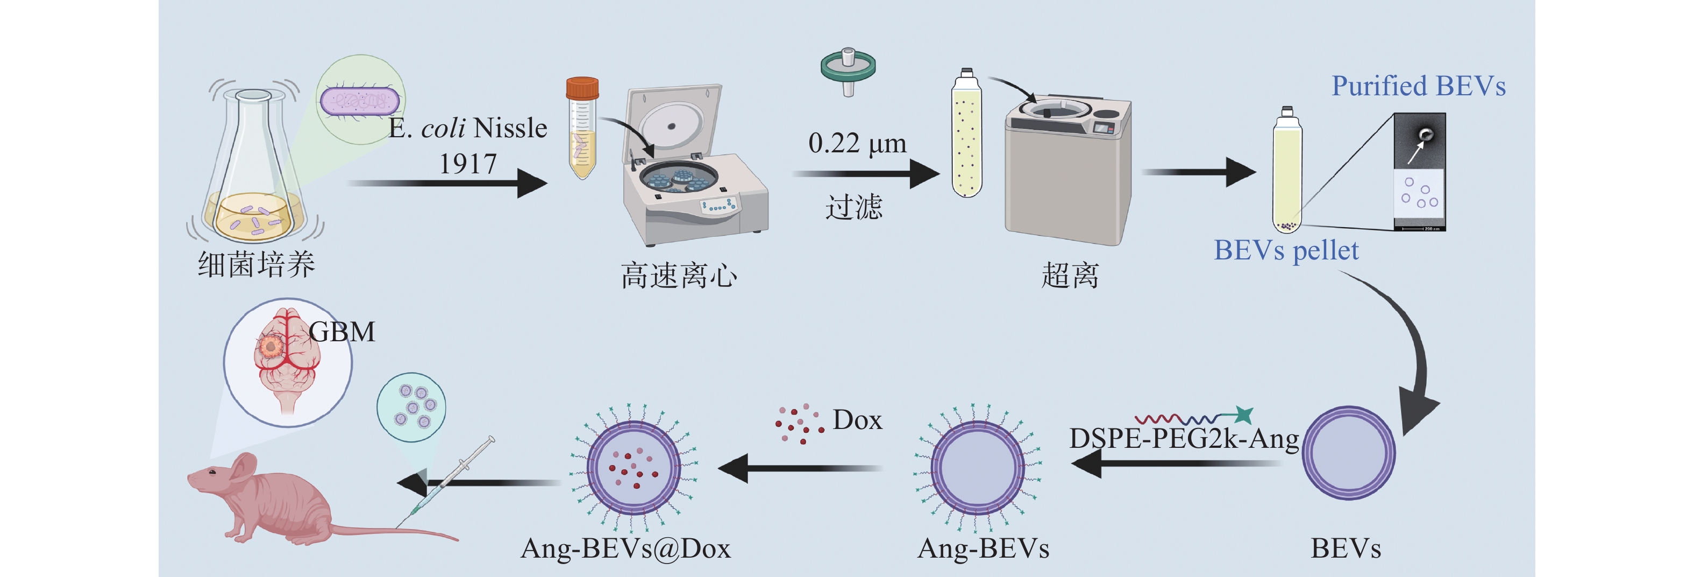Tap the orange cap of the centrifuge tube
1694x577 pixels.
[x=582, y=88]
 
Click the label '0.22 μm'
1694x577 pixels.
[x=857, y=143]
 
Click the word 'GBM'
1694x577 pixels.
[x=342, y=332]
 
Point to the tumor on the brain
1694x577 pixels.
[x=269, y=346]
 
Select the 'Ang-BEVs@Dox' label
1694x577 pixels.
[x=625, y=548]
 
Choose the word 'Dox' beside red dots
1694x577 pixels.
[x=857, y=420]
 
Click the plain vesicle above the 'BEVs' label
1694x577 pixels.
[x=1348, y=453]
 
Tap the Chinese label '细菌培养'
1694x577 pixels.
[x=257, y=264]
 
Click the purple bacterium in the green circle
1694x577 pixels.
[x=359, y=101]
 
